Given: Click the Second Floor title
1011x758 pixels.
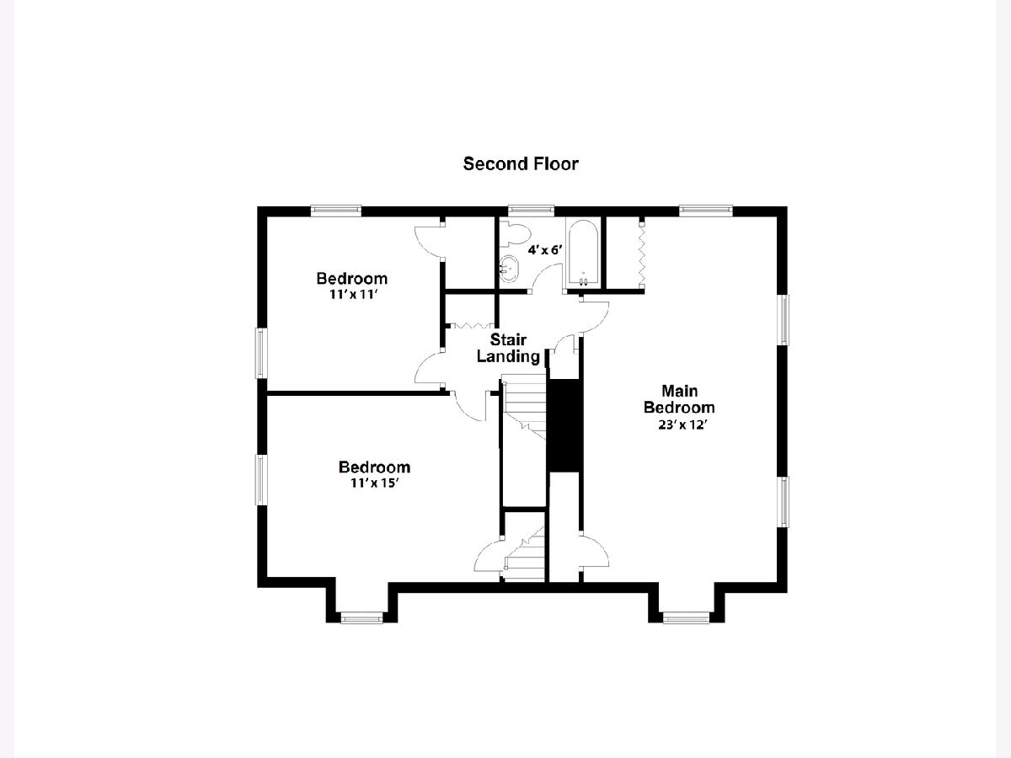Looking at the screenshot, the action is [x=521, y=164].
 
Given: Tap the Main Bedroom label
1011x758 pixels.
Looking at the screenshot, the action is [x=679, y=399].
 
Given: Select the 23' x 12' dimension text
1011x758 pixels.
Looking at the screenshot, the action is [x=682, y=424].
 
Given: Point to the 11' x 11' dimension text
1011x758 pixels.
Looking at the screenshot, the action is [x=354, y=294].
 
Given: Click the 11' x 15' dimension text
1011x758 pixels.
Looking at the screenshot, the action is [x=374, y=483].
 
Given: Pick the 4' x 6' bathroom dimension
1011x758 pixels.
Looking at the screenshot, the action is [x=545, y=250].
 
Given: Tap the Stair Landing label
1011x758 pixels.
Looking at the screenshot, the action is [x=508, y=348].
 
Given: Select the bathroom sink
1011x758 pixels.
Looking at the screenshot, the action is [x=509, y=269].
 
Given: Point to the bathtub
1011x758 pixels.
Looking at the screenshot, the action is [x=583, y=253].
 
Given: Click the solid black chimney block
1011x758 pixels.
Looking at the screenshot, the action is [x=564, y=424].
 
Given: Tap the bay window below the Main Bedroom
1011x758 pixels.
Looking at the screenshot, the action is [x=687, y=617].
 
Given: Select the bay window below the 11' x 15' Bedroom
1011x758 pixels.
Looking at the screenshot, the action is [x=362, y=617].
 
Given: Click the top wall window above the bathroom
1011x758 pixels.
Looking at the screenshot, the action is [x=531, y=210].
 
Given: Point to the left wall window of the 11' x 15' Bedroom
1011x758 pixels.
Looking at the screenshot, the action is [x=261, y=480].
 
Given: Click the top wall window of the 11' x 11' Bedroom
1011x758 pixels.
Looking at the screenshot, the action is [x=336, y=210].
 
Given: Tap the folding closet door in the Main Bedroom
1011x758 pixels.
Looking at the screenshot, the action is [x=642, y=254].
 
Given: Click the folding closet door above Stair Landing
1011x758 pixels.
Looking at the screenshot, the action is [x=471, y=326].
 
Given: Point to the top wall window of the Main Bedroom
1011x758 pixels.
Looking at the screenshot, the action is [x=706, y=210].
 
